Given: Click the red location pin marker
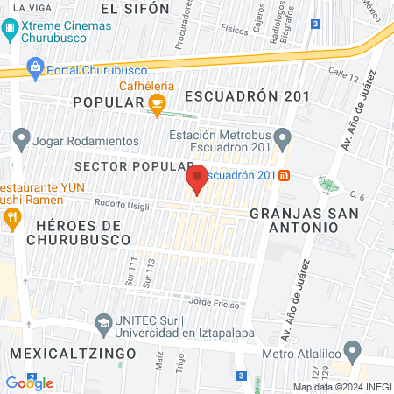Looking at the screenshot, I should pyautogui.click(x=197, y=179).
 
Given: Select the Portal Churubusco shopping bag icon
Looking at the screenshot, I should pyautogui.click(x=35, y=65).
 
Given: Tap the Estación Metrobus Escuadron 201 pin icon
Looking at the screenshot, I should pyautogui.click(x=282, y=137).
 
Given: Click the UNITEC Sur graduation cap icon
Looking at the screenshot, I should pyautogui.click(x=103, y=322).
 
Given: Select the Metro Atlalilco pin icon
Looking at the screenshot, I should pyautogui.click(x=353, y=352).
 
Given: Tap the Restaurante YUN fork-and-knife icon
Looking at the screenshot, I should pyautogui.click(x=11, y=219).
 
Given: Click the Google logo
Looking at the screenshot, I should pyautogui.click(x=29, y=383).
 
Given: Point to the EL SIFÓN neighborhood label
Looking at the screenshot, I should pyautogui.click(x=134, y=9).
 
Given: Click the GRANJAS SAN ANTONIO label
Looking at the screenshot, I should pyautogui.click(x=293, y=220).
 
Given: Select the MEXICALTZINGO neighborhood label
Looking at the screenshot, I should pyautogui.click(x=73, y=353).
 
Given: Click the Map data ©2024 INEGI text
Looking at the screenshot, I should pyautogui.click(x=341, y=386).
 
